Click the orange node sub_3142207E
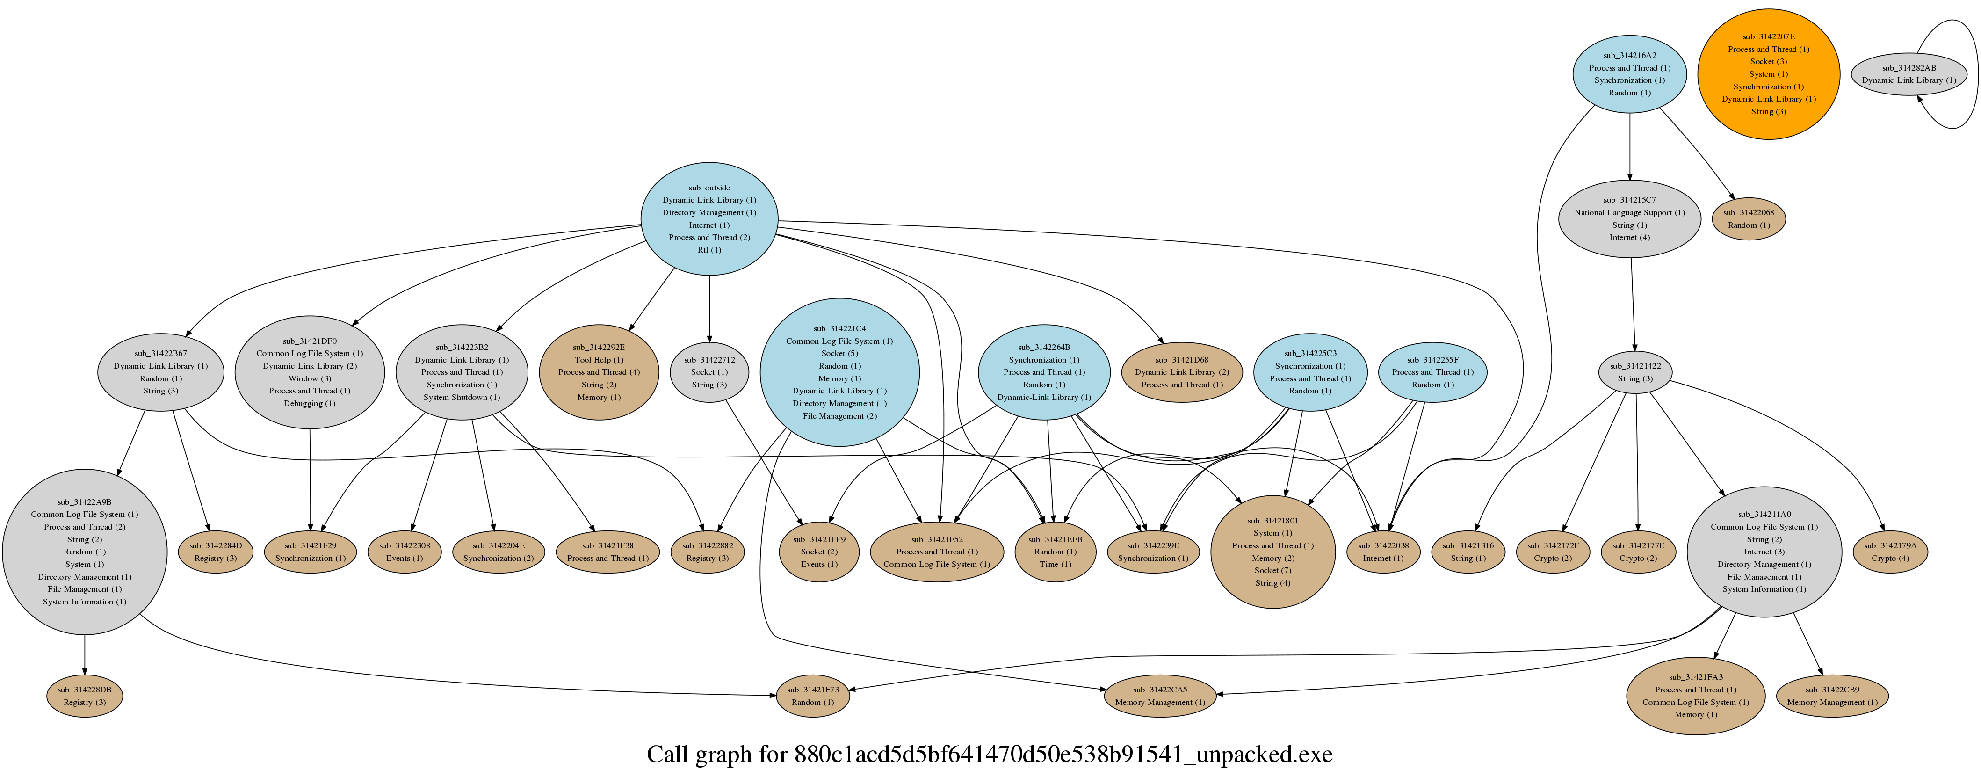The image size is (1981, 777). click(x=1768, y=74)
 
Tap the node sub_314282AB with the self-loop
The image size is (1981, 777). click(x=1909, y=74)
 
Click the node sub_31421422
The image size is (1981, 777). click(x=1635, y=372)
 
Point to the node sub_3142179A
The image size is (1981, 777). click(x=1890, y=552)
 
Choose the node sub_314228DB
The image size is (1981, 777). click(x=85, y=696)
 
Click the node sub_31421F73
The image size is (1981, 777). click(x=813, y=696)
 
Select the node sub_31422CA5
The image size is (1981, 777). click(x=1160, y=696)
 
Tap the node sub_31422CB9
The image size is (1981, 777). click(x=1832, y=696)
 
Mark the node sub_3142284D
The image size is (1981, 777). click(x=215, y=552)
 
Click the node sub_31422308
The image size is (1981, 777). click(x=405, y=552)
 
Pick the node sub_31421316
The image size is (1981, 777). click(x=1468, y=552)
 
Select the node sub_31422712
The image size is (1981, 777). click(x=709, y=372)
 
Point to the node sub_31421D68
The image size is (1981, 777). click(x=1181, y=372)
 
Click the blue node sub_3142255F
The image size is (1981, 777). click(x=1432, y=372)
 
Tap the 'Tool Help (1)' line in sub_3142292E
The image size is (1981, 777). click(x=599, y=359)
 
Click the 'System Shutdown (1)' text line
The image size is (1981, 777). click(x=462, y=397)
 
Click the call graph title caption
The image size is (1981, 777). click(x=990, y=754)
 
